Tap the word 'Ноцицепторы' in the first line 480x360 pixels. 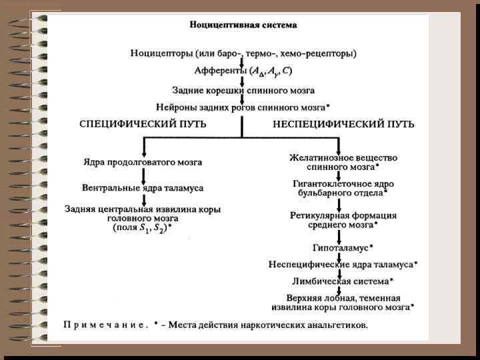[158, 53]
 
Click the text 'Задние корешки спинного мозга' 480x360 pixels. [243, 89]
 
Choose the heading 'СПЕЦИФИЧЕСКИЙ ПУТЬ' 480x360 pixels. [143, 125]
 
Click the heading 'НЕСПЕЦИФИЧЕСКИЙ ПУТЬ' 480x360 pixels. [343, 125]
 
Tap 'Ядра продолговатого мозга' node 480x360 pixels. [143, 162]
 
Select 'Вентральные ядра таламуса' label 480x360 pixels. [143, 188]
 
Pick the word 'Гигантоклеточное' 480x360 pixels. [325, 183]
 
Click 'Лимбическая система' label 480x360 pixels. [340, 281]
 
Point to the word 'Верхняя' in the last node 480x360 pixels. [303, 298]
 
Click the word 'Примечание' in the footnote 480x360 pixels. [105, 325]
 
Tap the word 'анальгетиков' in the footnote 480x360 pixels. [336, 325]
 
